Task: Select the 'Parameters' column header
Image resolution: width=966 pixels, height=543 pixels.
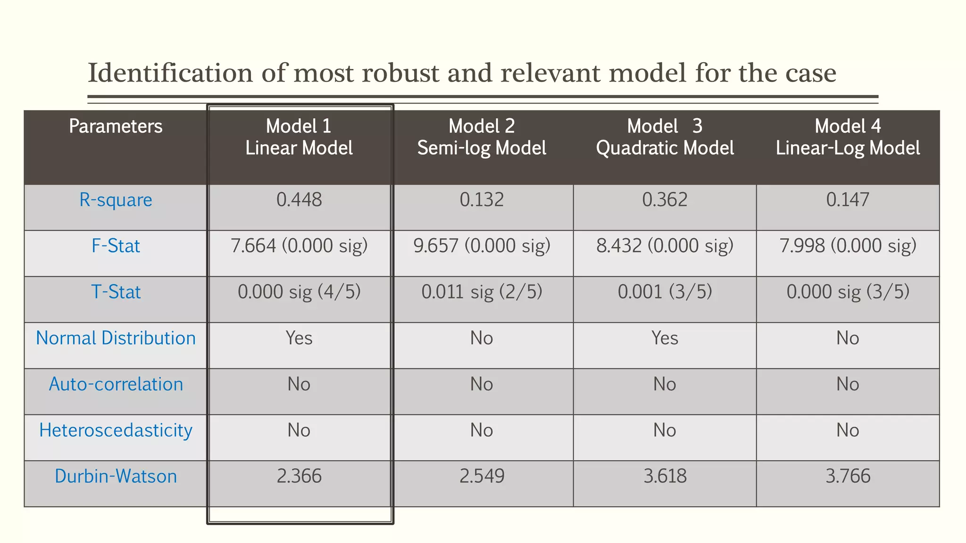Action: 116,126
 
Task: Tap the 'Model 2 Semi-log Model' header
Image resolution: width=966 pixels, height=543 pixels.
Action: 482,137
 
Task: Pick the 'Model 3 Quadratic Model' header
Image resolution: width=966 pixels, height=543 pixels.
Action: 665,137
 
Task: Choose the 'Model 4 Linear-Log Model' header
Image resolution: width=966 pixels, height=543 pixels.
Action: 848,137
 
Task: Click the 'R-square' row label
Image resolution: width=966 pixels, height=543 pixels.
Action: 116,200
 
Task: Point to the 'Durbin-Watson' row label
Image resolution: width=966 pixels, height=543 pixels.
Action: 116,476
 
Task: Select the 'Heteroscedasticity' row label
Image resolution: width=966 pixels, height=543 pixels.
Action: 116,430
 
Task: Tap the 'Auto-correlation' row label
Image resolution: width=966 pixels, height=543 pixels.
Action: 116,384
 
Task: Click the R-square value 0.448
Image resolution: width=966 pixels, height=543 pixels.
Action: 299,200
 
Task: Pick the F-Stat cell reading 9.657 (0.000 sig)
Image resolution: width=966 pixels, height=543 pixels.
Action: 482,246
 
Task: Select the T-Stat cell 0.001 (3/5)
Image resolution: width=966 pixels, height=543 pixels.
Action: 665,292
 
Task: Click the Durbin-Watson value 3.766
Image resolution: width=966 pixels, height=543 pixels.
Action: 848,476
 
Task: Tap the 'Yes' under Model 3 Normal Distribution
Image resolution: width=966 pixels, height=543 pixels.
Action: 665,338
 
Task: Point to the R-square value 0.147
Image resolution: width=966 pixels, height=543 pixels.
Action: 848,200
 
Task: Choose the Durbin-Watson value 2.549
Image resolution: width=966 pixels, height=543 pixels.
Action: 482,476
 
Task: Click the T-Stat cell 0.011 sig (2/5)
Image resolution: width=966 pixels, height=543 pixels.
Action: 482,292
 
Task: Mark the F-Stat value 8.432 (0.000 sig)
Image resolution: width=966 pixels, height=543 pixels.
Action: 665,246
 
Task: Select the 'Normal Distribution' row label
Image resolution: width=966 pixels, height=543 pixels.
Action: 116,338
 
